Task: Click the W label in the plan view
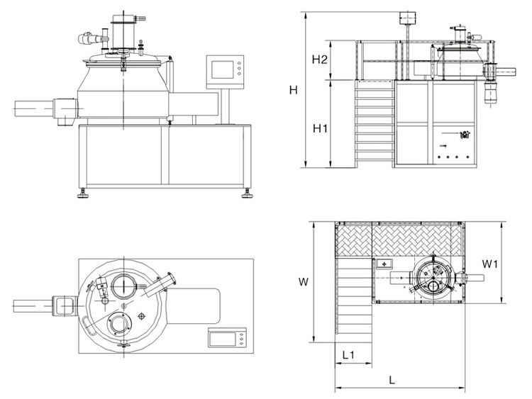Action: [x=302, y=281]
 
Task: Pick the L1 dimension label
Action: [x=348, y=352]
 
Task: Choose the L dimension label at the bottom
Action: [x=392, y=379]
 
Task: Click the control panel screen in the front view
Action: [x=223, y=69]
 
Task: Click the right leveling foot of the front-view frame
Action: [x=248, y=191]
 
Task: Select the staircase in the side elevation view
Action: [x=375, y=124]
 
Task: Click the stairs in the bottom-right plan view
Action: [x=353, y=298]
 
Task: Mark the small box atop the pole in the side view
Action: [x=409, y=16]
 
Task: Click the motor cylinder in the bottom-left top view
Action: [x=33, y=305]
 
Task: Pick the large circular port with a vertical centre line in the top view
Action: [x=125, y=285]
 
